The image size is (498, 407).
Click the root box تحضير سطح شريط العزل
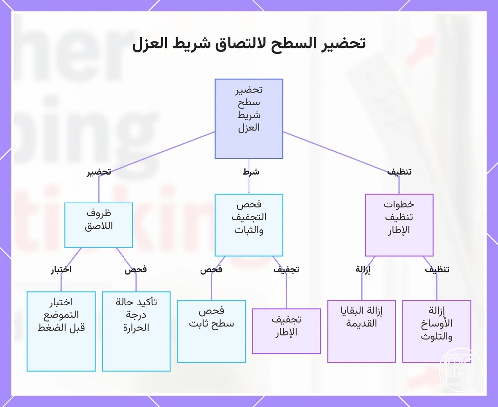coord(249,118)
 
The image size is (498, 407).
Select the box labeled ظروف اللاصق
coord(99,225)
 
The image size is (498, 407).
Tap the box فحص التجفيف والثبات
coord(249,225)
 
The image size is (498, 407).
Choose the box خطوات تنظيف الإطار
coord(399,225)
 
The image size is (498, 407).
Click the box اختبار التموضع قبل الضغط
coord(61,331)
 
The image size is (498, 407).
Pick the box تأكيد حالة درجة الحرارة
coord(136,331)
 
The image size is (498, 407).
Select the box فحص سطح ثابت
coord(211,331)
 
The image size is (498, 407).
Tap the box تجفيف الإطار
coord(286,331)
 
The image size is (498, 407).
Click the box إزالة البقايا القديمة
coord(362,331)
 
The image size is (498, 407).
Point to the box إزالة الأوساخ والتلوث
coord(437,331)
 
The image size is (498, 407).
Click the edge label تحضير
coord(99,172)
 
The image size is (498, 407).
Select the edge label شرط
coord(251,172)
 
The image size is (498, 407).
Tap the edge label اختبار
coord(61,270)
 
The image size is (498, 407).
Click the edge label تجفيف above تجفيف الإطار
coord(286,270)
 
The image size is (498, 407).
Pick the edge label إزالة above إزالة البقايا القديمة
coord(363,270)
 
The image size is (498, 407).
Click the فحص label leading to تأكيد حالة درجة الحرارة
coord(136,270)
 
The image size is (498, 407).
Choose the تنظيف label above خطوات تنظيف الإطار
coord(399,172)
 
